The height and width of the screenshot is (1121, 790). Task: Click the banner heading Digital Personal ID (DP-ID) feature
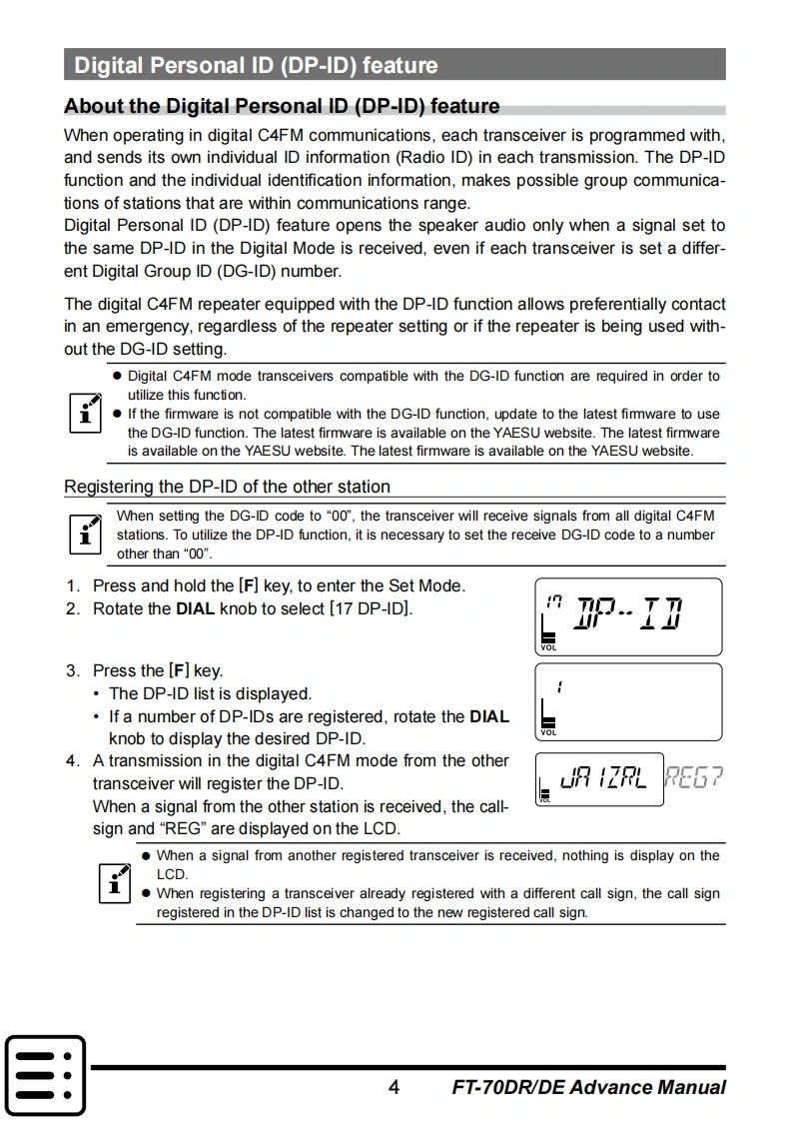256,66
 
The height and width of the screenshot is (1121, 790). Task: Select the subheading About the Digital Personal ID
282,106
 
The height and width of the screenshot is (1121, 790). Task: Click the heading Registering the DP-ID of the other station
227,487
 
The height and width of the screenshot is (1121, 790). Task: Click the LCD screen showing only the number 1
628,700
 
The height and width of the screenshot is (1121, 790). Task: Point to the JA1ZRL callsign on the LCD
602,778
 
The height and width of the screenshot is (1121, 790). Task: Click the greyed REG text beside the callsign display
694,777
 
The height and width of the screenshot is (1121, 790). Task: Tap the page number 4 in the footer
394,1087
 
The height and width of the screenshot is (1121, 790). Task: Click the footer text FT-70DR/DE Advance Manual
588,1087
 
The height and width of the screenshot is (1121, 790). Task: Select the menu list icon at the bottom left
45,1074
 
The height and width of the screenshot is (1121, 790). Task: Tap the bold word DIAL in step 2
195,607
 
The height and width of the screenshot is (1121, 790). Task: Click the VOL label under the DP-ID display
548,647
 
